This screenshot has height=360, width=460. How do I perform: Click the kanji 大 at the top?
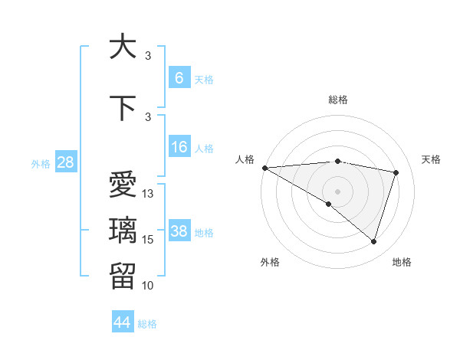[x=123, y=47]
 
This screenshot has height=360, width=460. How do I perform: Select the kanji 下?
[x=123, y=109]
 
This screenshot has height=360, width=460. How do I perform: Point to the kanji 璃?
[x=123, y=231]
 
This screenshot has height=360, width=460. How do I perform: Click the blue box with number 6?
[x=179, y=77]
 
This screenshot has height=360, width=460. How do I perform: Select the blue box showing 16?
[x=179, y=148]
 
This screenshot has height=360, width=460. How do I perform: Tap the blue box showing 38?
[x=179, y=231]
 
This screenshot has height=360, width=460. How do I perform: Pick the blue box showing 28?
[x=65, y=162]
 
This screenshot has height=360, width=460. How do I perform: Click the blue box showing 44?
[x=123, y=322]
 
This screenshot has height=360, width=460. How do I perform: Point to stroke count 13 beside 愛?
[x=148, y=194]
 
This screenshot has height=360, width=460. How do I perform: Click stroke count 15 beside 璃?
[x=148, y=240]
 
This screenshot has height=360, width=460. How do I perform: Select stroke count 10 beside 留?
[x=148, y=286]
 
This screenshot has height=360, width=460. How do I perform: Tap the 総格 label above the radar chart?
[x=337, y=100]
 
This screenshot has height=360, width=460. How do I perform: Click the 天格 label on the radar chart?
[x=431, y=159]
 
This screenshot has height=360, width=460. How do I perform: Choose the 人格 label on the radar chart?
[x=245, y=159]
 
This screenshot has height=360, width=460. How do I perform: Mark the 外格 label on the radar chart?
[x=270, y=262]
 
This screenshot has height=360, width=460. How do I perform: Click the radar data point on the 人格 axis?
[x=264, y=168]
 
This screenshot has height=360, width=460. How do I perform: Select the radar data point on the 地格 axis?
[x=373, y=241]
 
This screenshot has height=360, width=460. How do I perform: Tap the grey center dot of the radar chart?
[x=337, y=190]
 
